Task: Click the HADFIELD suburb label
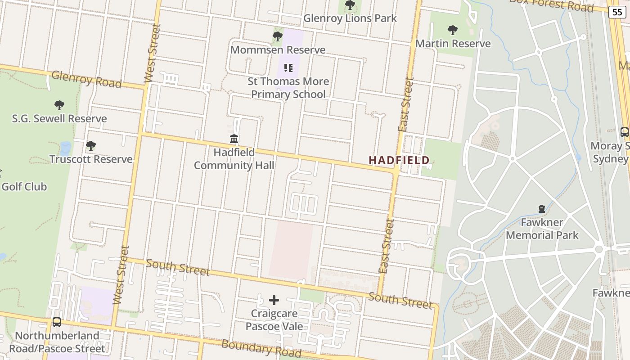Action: coord(399,160)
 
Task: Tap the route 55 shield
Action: coord(617,12)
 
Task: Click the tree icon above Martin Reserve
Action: coord(453,31)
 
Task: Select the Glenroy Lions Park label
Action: coord(350,18)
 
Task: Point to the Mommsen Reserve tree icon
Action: coord(278,36)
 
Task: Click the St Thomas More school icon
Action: coord(288,68)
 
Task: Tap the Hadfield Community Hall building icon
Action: coord(234,139)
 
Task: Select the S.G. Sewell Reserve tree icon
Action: coord(59,105)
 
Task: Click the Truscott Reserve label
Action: coord(91,159)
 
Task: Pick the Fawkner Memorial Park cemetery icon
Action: coord(542,209)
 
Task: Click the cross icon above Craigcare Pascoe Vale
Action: coord(274,300)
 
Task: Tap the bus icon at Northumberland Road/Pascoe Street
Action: coord(57,322)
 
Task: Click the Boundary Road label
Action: coord(261,348)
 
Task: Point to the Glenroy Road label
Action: coord(86,79)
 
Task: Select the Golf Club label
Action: coord(24,187)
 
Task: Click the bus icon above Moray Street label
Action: coord(625,132)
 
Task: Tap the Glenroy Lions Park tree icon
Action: coord(350,5)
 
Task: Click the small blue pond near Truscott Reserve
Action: coord(66,148)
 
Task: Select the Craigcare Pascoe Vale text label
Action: coord(274,319)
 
